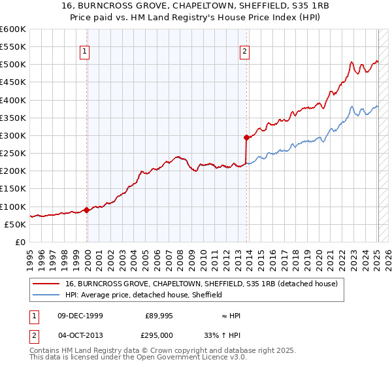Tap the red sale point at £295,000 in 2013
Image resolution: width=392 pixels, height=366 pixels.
(246, 137)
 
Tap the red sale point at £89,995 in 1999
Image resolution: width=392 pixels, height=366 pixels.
(87, 210)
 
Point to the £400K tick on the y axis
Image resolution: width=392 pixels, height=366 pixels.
(13, 100)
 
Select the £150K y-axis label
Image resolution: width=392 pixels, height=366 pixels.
(13, 189)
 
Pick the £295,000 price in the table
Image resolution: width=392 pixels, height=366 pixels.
(159, 335)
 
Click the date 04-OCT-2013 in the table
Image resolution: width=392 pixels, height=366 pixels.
(78, 335)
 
